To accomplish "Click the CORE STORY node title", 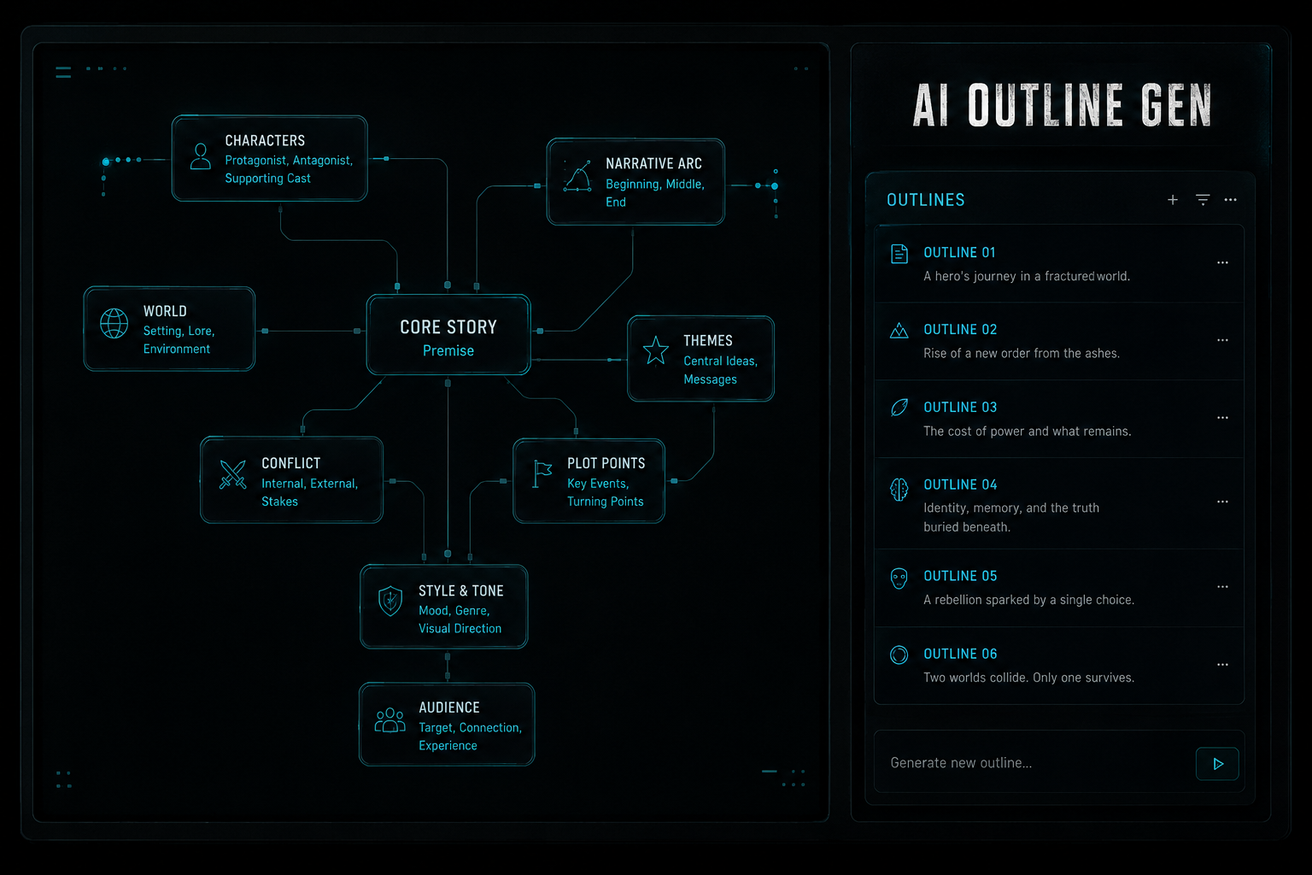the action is point(448,326).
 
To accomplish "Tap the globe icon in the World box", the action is point(114,323).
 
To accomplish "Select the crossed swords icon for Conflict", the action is point(232,473).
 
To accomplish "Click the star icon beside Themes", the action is point(655,350).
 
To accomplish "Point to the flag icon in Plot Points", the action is point(542,473).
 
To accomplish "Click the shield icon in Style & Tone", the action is point(390,602).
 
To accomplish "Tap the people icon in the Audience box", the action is point(390,720).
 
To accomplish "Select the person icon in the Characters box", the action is point(201,156).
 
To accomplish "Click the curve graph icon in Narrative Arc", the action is point(577,176).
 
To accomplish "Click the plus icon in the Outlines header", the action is point(1173,200).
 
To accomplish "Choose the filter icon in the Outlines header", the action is point(1203,200).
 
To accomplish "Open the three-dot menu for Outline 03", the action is point(1222,418).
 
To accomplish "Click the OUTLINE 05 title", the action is point(960,576).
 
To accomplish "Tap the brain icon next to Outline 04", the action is point(899,490).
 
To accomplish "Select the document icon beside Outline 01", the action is point(899,255).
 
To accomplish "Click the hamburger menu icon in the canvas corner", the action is point(63,73).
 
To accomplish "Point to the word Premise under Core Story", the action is point(448,350).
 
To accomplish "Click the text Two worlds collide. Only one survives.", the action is point(1028,678).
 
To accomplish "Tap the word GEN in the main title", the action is point(1175,105).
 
